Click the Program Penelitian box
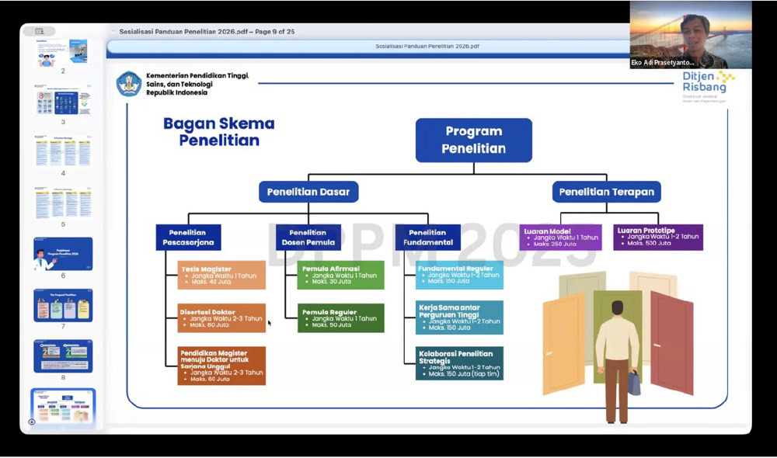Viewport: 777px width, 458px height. click(x=473, y=140)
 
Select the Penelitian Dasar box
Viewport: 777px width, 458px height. click(x=308, y=192)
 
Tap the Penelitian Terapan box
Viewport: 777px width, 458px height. click(x=607, y=192)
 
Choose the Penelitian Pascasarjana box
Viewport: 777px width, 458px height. click(x=188, y=237)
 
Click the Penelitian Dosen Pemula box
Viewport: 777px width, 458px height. click(x=308, y=237)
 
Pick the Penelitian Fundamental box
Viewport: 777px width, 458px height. click(x=427, y=237)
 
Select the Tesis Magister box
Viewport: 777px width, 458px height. click(x=221, y=275)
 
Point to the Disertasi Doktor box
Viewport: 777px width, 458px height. click(x=221, y=317)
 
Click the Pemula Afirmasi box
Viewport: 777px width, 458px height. click(x=340, y=275)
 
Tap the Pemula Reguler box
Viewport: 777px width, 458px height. click(x=340, y=317)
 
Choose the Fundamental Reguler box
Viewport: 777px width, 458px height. click(x=459, y=275)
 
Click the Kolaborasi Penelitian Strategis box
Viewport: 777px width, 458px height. click(x=459, y=363)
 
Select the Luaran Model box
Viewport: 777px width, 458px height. click(x=560, y=237)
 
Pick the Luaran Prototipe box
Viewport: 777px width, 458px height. click(x=658, y=237)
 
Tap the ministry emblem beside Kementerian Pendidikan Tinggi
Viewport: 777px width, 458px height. click(x=129, y=84)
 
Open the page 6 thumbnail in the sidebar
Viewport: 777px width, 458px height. click(x=63, y=254)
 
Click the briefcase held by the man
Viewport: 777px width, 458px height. click(x=634, y=382)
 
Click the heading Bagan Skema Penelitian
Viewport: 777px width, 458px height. click(x=218, y=131)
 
